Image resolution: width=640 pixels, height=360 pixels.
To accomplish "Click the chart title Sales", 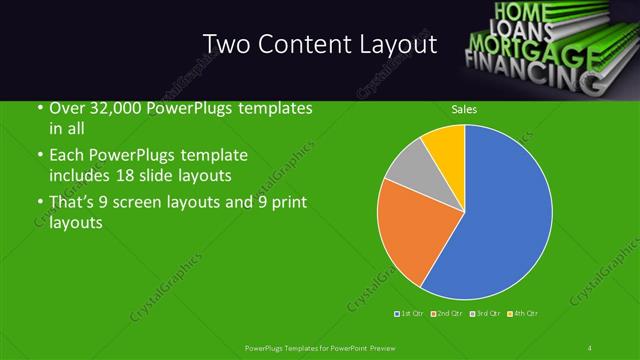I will pyautogui.click(x=464, y=109).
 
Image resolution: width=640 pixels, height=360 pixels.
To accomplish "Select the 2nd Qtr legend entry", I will pyautogui.click(x=450, y=315).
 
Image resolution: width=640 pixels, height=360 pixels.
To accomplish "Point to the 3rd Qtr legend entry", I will pyautogui.click(x=487, y=315).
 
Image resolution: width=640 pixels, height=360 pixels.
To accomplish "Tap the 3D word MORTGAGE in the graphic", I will pyautogui.click(x=535, y=47).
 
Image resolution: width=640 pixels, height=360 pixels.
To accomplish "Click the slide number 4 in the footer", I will pyautogui.click(x=591, y=347).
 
